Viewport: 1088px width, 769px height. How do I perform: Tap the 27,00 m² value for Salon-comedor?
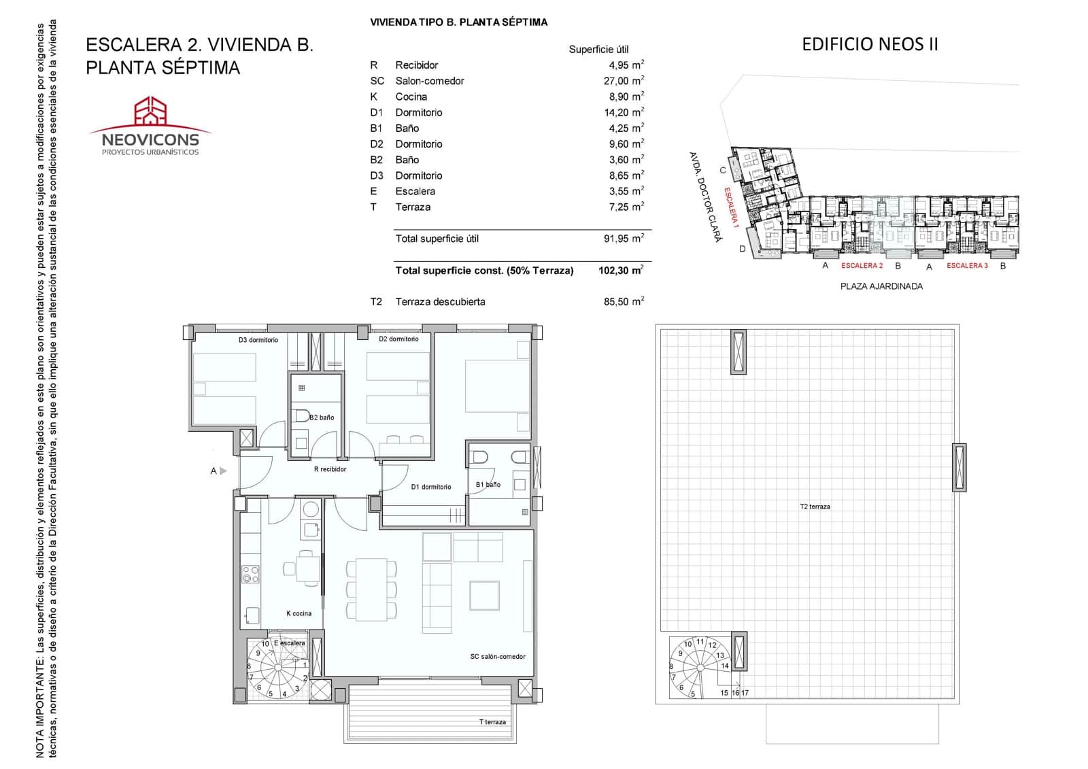click(x=624, y=80)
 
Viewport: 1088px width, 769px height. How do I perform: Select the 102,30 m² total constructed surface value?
click(x=621, y=270)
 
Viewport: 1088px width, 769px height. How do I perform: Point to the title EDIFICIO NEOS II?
click(x=870, y=44)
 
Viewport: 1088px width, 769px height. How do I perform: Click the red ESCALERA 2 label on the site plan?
click(x=862, y=265)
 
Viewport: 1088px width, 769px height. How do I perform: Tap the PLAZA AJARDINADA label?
click(x=881, y=286)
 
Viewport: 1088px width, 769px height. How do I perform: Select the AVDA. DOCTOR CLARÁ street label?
click(x=706, y=196)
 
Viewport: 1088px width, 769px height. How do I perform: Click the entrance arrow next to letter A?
click(x=223, y=471)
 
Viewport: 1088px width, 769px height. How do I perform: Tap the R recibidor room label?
click(x=330, y=468)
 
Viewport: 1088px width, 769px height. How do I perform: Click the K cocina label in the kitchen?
click(x=299, y=613)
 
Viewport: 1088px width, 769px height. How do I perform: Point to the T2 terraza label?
click(x=815, y=506)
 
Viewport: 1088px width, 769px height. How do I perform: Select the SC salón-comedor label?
click(x=497, y=656)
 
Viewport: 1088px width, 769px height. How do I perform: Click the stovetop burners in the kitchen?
click(x=250, y=574)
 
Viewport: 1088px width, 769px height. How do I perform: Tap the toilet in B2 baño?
click(x=302, y=416)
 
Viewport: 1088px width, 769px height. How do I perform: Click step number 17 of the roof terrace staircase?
click(x=745, y=693)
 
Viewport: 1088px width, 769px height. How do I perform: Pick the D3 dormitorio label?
click(x=258, y=339)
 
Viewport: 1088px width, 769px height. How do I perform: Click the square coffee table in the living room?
click(x=484, y=595)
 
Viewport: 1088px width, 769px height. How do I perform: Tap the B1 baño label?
click(x=488, y=484)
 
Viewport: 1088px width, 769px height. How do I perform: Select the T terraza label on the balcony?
click(x=492, y=722)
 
